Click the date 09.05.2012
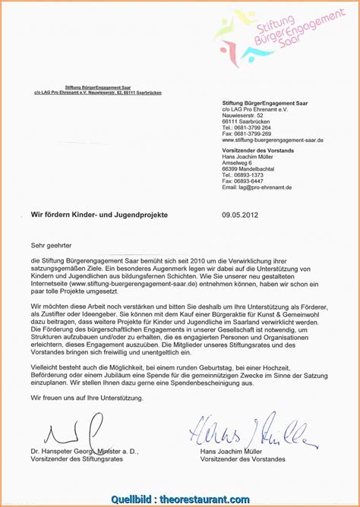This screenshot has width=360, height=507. pos(240,215)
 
